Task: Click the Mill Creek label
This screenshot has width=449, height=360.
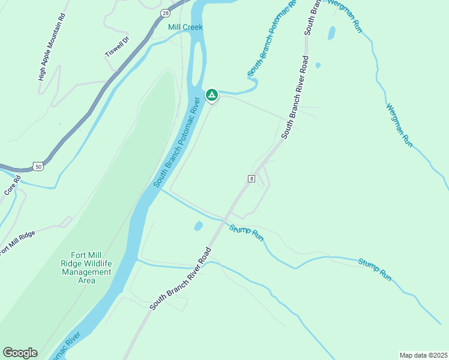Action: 185,27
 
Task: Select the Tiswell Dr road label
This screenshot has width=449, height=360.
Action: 117,47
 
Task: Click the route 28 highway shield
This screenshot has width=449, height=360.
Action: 165,13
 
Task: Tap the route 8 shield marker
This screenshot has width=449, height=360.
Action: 252,178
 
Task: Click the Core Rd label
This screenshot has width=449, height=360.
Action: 13,184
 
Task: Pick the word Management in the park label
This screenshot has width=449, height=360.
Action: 86,272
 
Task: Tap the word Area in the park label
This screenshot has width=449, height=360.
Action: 86,280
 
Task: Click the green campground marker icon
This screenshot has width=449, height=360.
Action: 211,95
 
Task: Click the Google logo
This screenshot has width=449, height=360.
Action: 20,353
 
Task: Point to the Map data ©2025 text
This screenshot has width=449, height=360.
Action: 423,355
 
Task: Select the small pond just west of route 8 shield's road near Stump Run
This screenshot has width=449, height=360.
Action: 198,226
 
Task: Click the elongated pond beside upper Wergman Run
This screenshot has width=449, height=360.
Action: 331,33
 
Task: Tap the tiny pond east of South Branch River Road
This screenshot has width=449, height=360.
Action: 318,65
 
